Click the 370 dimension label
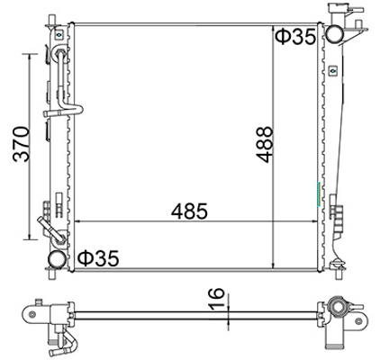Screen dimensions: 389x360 pos(22,144)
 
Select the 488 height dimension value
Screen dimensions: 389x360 pos(265,145)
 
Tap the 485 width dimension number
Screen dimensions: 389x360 pos(189,211)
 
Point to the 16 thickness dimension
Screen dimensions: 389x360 pos(216,299)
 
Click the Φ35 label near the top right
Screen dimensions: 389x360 pos(295,36)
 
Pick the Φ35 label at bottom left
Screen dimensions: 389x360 pos(98,258)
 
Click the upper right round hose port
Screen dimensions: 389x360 pos(335,34)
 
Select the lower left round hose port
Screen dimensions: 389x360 pos(58,259)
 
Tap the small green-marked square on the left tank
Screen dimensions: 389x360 pos(59,35)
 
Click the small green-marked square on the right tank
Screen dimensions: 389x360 pos(332,71)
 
